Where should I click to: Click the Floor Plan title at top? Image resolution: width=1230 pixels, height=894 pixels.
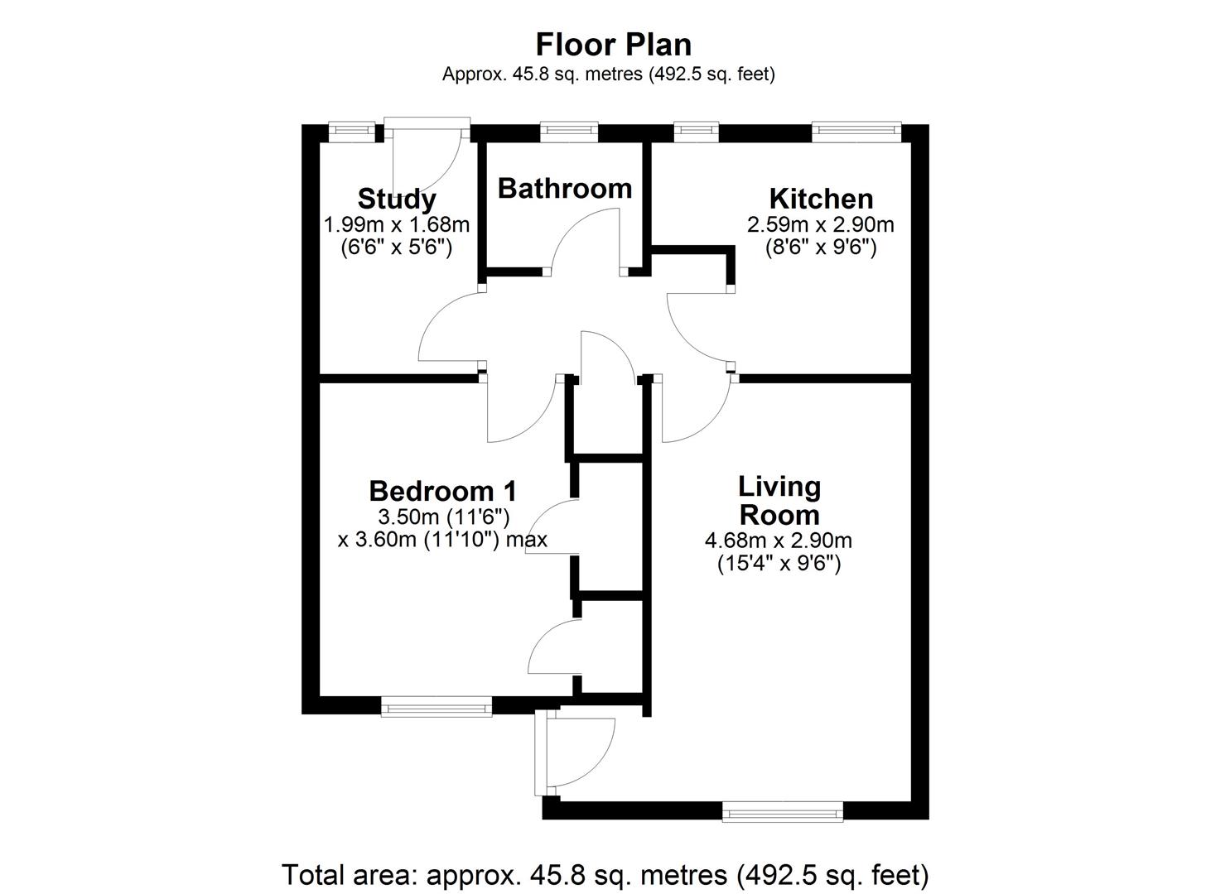click(613, 44)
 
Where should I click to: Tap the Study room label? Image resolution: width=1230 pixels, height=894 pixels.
click(396, 199)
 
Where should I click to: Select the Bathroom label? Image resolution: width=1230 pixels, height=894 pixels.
click(565, 189)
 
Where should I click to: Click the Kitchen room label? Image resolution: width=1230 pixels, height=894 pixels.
click(821, 199)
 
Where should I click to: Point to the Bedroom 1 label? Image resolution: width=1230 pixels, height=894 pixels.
click(442, 491)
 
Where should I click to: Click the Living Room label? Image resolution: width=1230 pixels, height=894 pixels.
click(779, 501)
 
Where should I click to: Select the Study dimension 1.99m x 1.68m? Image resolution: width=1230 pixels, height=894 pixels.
click(396, 224)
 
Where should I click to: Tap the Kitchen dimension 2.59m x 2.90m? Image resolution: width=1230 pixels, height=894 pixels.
click(821, 224)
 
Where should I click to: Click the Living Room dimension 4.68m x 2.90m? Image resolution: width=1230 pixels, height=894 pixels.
click(778, 541)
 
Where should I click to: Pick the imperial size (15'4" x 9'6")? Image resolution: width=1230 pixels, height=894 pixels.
click(778, 565)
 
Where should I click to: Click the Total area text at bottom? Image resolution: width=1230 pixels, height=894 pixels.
click(605, 874)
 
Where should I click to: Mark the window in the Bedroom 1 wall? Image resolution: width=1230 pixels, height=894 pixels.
click(436, 706)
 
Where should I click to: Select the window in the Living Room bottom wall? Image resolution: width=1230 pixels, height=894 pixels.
click(782, 811)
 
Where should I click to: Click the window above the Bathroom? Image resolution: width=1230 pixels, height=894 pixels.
click(568, 130)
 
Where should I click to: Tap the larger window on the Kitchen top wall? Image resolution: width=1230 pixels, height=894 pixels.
click(856, 130)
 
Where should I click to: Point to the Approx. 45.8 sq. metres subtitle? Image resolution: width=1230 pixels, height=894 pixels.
click(608, 74)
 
